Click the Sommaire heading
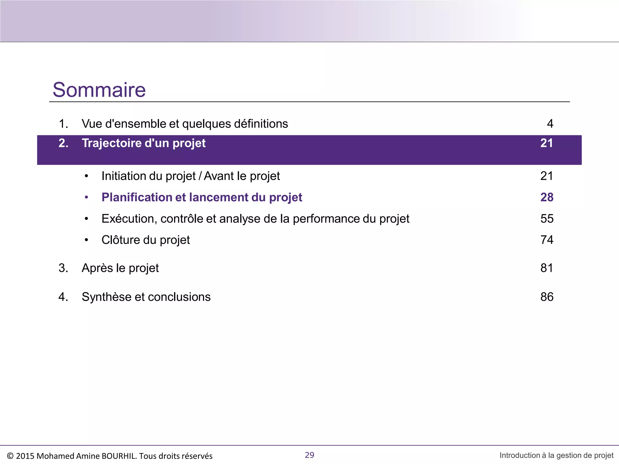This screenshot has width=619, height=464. (x=99, y=90)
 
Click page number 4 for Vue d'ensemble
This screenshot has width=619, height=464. (x=550, y=124)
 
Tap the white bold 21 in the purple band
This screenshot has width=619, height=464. (x=546, y=143)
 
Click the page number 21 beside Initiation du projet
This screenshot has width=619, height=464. (x=546, y=176)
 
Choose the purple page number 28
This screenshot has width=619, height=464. (x=546, y=197)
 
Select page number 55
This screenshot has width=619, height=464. (x=546, y=219)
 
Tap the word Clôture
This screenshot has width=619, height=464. (x=121, y=240)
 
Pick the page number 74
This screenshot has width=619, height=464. (x=546, y=240)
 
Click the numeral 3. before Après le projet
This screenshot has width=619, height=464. (x=63, y=268)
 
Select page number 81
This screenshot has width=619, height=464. (x=546, y=268)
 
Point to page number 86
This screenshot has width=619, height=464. (x=546, y=297)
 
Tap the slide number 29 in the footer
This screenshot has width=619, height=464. (x=309, y=455)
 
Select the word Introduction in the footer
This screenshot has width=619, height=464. (x=520, y=455)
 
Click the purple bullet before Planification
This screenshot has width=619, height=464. (x=86, y=197)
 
